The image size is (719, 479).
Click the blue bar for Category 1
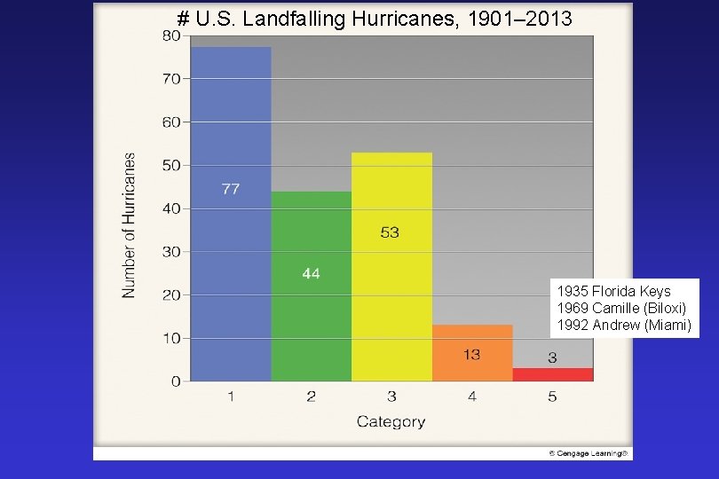[231, 266]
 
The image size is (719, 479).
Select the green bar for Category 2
[311, 319]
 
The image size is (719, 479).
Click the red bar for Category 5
[552, 374]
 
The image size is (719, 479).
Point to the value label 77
[231, 189]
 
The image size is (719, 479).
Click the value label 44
[311, 273]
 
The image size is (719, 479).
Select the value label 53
[390, 232]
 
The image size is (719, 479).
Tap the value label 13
[471, 354]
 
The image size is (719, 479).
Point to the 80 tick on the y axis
[170, 35]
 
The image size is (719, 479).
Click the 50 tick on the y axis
[170, 165]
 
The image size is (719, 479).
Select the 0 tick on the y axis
[175, 381]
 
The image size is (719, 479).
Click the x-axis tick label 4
[472, 397]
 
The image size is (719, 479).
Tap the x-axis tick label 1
[231, 397]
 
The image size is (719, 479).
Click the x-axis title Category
[391, 421]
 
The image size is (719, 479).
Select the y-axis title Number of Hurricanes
[130, 225]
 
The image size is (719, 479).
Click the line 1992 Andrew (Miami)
[623, 325]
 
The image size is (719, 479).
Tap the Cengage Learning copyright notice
[589, 453]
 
